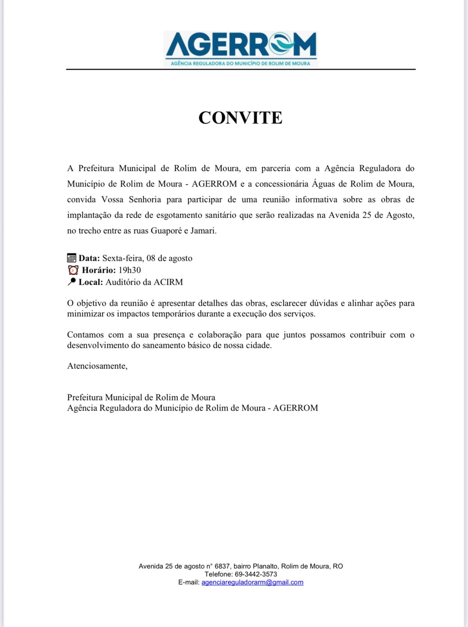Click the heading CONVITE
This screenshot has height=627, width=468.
pos(240,118)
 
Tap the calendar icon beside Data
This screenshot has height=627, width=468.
pos(72,258)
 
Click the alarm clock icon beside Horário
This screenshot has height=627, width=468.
pos(73,270)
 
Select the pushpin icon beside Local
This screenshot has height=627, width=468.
pos(72,282)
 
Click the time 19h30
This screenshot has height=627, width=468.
pos(130,270)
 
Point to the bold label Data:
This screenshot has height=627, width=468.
pos(89,258)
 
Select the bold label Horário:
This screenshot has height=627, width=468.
pos(99,270)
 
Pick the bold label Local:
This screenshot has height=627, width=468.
pos(91,282)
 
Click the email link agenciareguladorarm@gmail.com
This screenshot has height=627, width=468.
pos(252,582)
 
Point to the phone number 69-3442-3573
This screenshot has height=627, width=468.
pos(256,574)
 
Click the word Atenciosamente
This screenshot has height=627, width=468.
pos(97,366)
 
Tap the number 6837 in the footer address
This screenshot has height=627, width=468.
pos(223,566)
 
